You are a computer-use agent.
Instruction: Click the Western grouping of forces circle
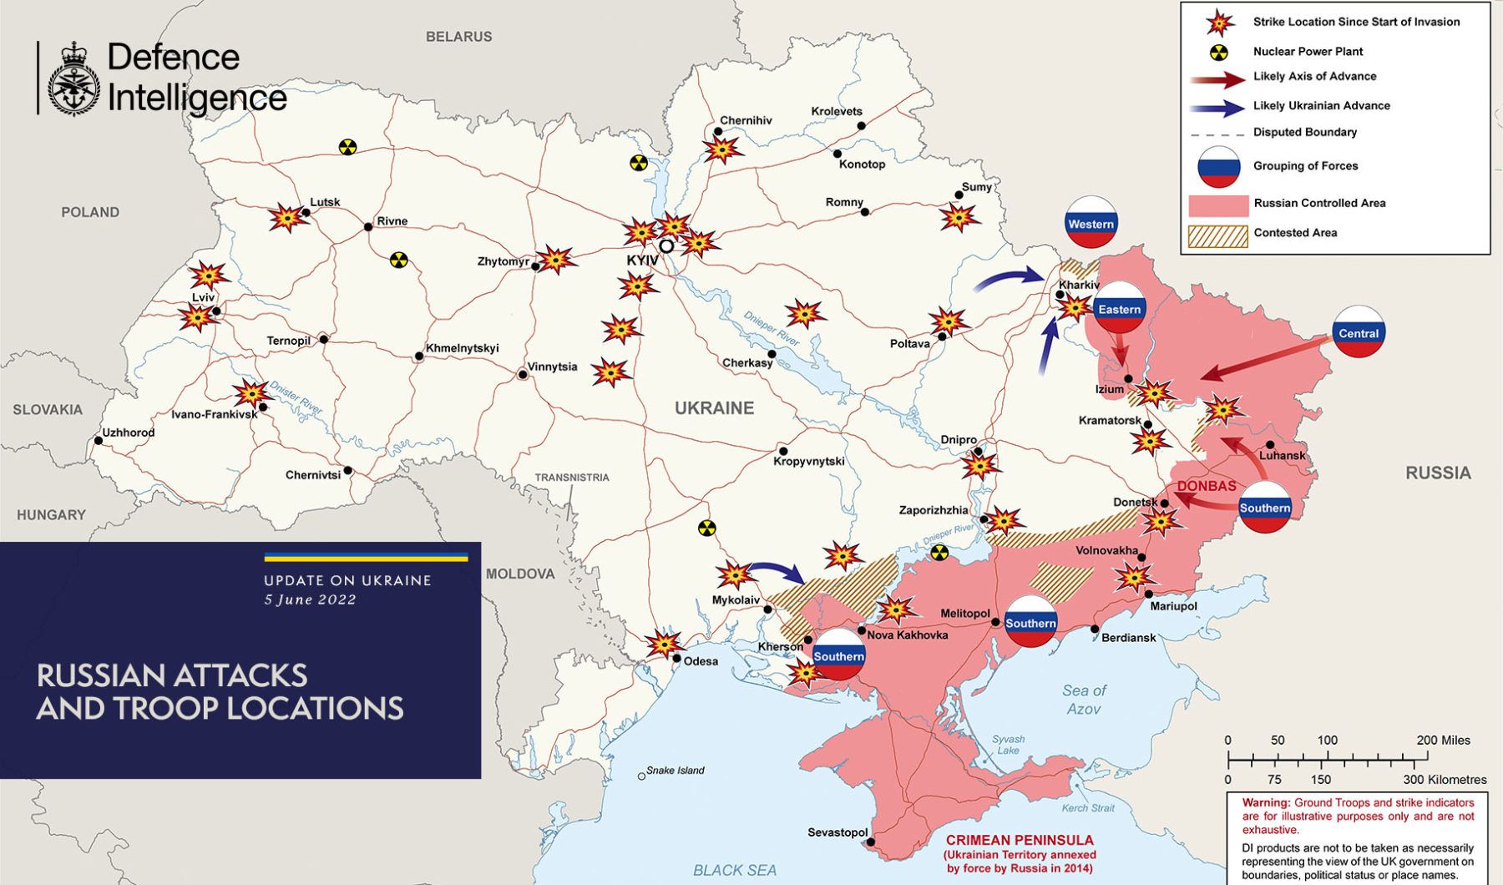[x=1091, y=222]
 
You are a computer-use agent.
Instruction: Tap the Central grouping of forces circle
[x=1359, y=332]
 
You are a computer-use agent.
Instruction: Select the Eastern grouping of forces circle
[x=1119, y=308]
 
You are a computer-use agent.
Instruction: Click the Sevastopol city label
[x=838, y=832]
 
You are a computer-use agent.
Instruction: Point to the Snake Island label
[x=676, y=771]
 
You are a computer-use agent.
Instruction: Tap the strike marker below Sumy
[x=958, y=218]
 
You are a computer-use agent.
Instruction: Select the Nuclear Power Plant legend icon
[x=1220, y=52]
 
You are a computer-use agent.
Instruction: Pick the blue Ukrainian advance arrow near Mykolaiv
[x=777, y=572]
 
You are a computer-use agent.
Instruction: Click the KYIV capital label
[x=642, y=260]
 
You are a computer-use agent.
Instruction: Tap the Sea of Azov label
[x=1084, y=700]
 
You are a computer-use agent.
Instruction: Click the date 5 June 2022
[x=310, y=599]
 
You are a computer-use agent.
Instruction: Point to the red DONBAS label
[x=1206, y=486]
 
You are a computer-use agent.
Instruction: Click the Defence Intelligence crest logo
[x=74, y=78]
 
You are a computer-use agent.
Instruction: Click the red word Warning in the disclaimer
[x=1265, y=802]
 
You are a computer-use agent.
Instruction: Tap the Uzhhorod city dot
[x=99, y=441]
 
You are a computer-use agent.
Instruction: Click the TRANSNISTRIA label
[x=572, y=478]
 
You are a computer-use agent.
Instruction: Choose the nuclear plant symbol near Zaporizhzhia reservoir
[x=939, y=552]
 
